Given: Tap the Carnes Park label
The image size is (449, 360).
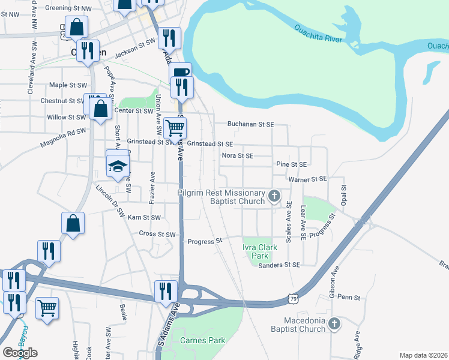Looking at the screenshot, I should pyautogui.click(x=203, y=340).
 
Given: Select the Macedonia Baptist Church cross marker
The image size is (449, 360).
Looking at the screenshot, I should pyautogui.click(x=334, y=325).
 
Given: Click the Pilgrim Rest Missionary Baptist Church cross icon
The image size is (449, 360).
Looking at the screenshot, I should pyautogui.click(x=274, y=196).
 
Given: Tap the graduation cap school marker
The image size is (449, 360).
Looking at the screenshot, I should pyautogui.click(x=118, y=165).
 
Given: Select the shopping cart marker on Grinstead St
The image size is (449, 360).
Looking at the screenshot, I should pyautogui.click(x=175, y=127).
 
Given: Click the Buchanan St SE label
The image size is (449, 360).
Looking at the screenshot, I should pyautogui.click(x=250, y=124).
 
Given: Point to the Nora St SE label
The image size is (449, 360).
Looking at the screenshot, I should pyautogui.click(x=238, y=155).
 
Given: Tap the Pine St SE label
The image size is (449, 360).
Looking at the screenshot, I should pyautogui.click(x=292, y=164).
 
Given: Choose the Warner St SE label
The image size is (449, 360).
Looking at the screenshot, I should pyautogui.click(x=307, y=179).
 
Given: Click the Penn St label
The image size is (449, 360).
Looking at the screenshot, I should pyautogui.click(x=348, y=297).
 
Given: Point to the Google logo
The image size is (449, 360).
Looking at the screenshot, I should pyautogui.click(x=20, y=353).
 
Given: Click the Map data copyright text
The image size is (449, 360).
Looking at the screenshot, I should pyautogui.click(x=423, y=355).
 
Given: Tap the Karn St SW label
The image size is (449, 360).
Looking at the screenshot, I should pyautogui.click(x=145, y=217).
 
